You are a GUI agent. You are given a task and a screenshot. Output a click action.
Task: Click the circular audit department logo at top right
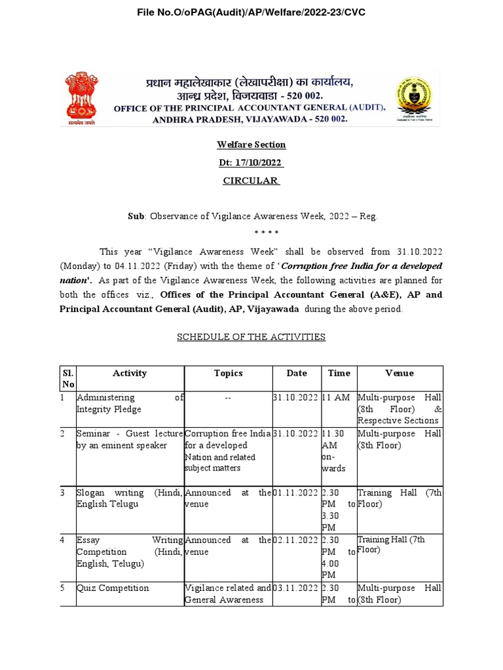pyautogui.click(x=416, y=99)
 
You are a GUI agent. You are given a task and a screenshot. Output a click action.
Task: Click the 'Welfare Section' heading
pyautogui.click(x=251, y=145)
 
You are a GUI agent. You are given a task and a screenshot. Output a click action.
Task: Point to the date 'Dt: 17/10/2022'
pyautogui.click(x=251, y=162)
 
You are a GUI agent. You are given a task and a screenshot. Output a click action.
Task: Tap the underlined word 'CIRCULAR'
pyautogui.click(x=251, y=181)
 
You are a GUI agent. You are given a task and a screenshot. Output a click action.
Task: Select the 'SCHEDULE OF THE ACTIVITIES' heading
pyautogui.click(x=251, y=337)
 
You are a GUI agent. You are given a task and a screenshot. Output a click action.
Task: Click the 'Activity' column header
pyautogui.click(x=130, y=373)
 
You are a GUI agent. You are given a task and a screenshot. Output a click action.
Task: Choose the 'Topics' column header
pyautogui.click(x=228, y=373)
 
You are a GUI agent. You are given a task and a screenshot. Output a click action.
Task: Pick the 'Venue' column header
pyautogui.click(x=400, y=373)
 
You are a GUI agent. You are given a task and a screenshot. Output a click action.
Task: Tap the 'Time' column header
pyautogui.click(x=339, y=373)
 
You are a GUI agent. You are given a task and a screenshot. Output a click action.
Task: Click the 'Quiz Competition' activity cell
pyautogui.click(x=113, y=588)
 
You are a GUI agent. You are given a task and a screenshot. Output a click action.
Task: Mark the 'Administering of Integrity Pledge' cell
pyautogui.click(x=130, y=403)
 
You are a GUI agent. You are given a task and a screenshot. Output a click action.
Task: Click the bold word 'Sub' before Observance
pyautogui.click(x=134, y=216)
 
